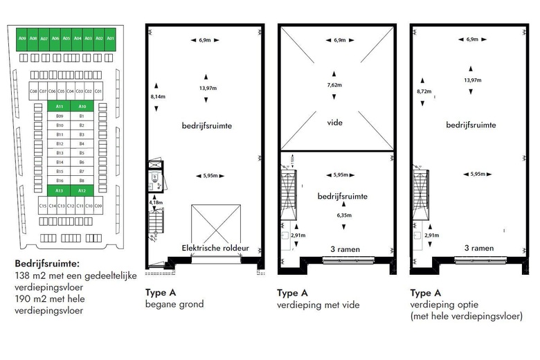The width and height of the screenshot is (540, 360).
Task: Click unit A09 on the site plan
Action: pyautogui.click(x=23, y=39)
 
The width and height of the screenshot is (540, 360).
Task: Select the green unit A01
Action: pyautogui.click(x=110, y=39)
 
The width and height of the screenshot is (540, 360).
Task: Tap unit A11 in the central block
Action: pyautogui.click(x=60, y=107)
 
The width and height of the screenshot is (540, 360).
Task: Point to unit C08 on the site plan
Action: pyautogui.click(x=33, y=91)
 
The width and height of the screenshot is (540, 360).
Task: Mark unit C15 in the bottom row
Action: pyautogui.click(x=43, y=206)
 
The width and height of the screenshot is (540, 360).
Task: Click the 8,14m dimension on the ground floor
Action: pyautogui.click(x=158, y=97)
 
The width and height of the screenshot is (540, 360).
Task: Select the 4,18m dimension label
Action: pyautogui.click(x=157, y=203)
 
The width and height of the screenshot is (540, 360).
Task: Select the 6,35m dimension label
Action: pyautogui.click(x=335, y=215)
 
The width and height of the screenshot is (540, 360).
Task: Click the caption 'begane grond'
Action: pyautogui.click(x=174, y=304)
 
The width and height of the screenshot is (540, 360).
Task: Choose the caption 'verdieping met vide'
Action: pyautogui.click(x=318, y=304)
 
